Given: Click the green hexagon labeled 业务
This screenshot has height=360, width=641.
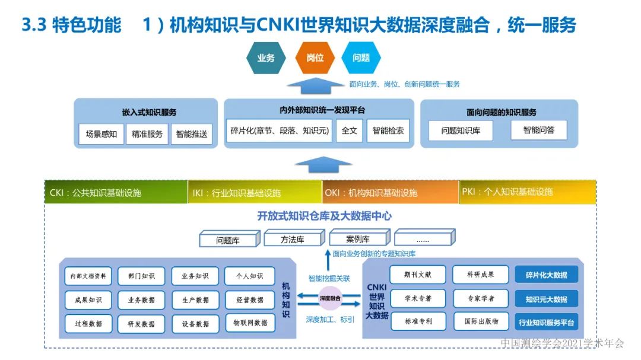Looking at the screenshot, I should (266, 58).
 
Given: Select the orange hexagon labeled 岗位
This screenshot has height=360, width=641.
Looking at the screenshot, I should (315, 58).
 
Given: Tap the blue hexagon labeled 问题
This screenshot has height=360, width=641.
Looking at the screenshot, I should (361, 58).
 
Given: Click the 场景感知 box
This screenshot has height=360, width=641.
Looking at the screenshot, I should (101, 134).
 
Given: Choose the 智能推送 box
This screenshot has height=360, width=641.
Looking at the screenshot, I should (192, 134).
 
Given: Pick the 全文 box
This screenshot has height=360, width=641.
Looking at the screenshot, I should (349, 130).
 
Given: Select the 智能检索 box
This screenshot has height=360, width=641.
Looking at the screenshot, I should (388, 130).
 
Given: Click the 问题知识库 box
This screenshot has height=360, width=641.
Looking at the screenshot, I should (461, 130).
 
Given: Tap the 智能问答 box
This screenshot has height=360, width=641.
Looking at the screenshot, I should (538, 130).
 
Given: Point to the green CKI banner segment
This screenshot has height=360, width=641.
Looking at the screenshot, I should (116, 192).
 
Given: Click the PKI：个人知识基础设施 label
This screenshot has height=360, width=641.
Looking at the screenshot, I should (527, 192).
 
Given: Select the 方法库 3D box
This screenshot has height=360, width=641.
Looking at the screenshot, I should (293, 240).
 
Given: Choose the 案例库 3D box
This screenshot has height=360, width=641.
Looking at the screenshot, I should (358, 239).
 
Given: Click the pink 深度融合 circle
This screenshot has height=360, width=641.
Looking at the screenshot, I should (330, 298).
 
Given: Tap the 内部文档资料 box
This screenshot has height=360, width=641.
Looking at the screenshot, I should (88, 276).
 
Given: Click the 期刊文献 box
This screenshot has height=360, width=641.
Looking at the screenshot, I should (418, 274).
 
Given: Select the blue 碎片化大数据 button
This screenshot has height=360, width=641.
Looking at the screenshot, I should (546, 275).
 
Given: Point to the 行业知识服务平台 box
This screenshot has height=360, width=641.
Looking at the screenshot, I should (546, 323).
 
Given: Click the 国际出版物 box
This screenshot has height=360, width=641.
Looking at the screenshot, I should (481, 321).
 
